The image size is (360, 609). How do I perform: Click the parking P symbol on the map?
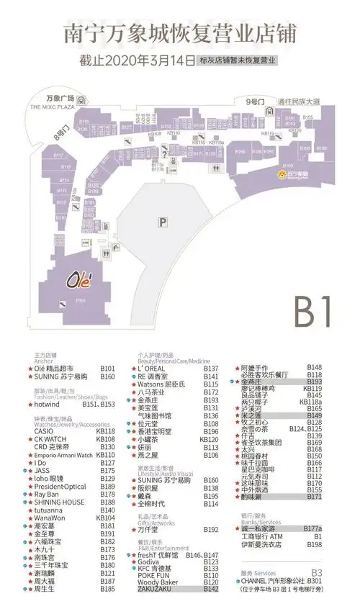163,223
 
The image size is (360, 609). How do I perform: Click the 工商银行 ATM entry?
263,536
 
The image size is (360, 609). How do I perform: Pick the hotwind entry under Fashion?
47,405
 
